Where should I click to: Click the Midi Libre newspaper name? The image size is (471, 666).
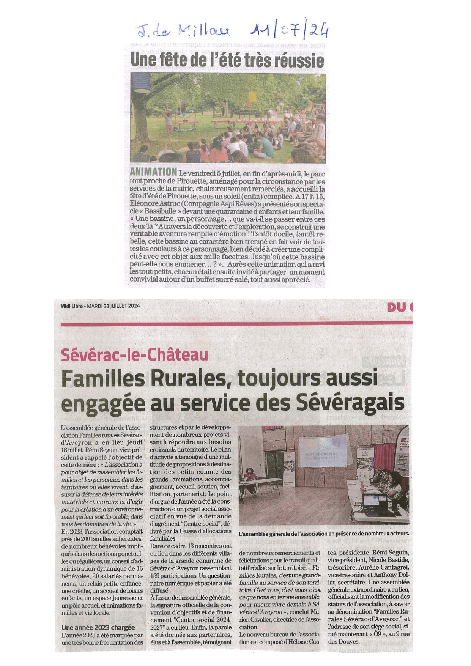72,306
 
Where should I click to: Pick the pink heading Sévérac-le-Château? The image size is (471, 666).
135,354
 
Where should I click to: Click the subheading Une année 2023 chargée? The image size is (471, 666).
98,627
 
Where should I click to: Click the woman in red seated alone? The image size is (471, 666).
250,479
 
